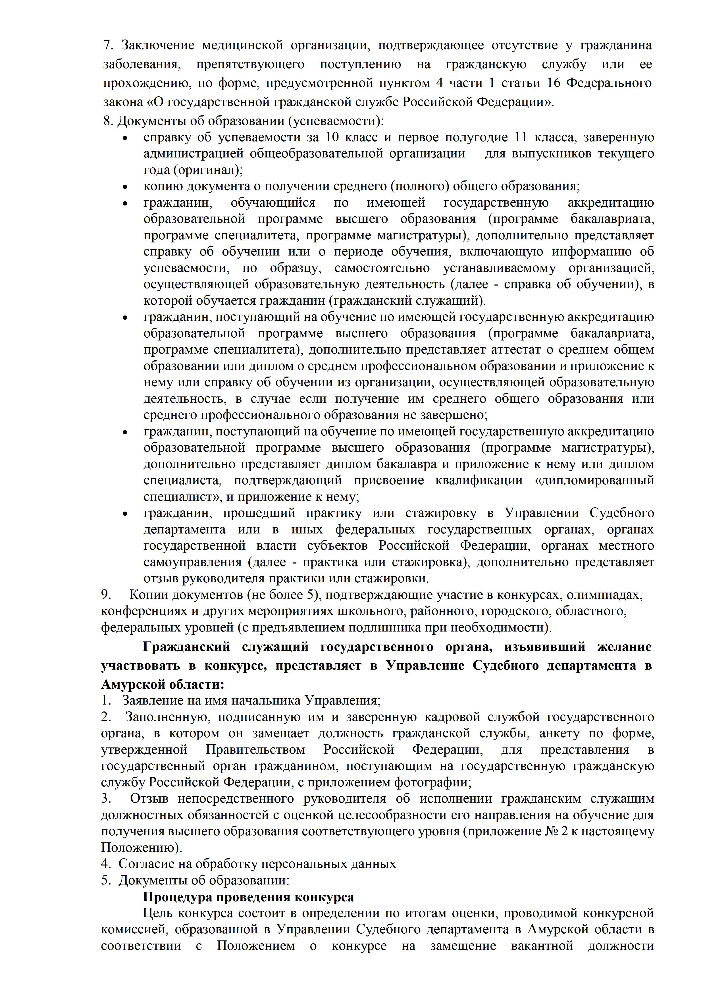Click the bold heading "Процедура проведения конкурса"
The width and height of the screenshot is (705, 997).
coord(248,897)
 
